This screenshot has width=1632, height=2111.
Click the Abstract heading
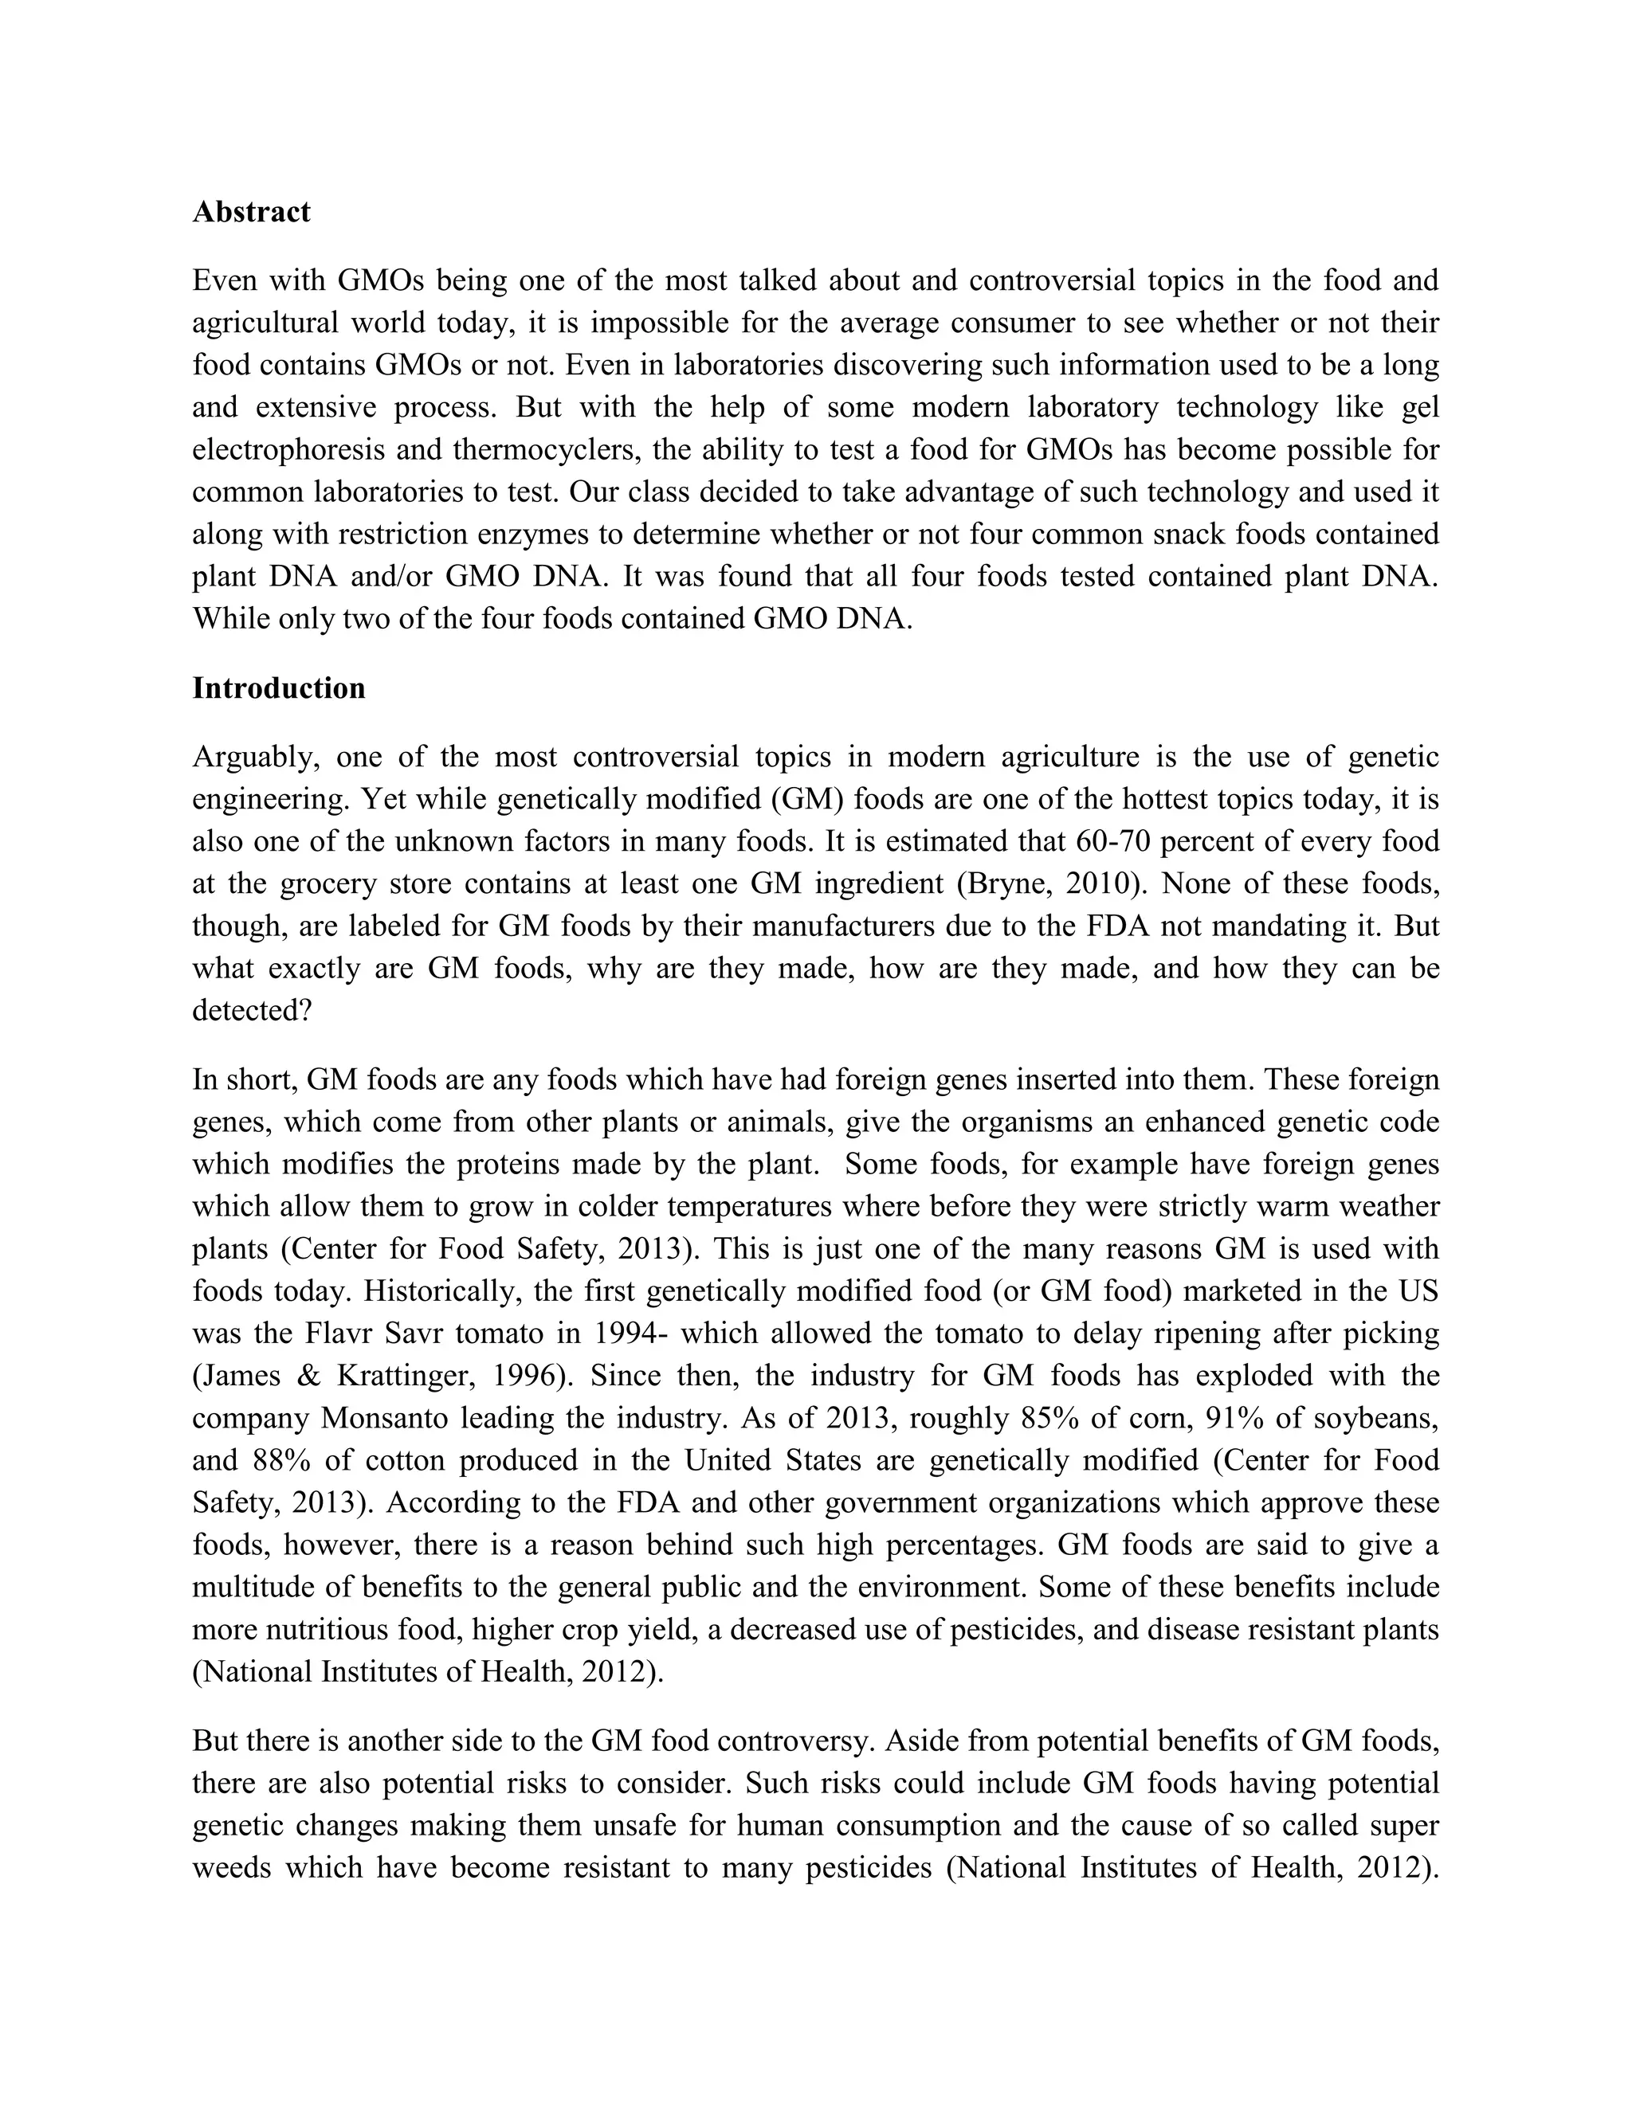pos(251,212)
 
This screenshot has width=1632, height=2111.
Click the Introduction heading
pos(278,687)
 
